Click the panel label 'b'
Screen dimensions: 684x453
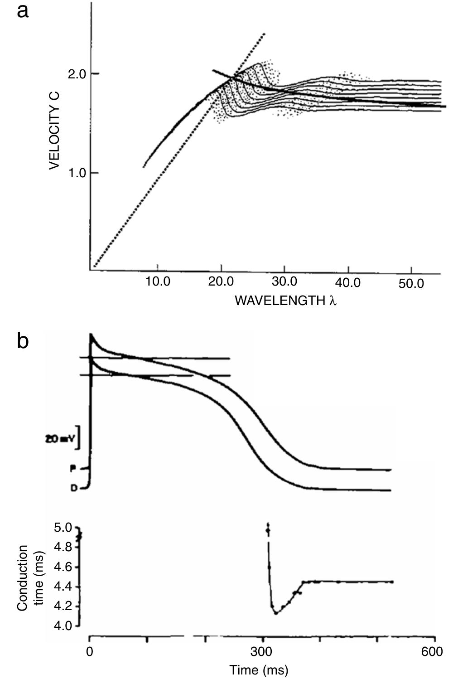(x=23, y=340)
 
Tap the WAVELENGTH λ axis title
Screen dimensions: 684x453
(x=285, y=300)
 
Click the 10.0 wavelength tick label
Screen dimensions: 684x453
(x=158, y=282)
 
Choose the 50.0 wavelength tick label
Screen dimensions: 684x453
(x=411, y=283)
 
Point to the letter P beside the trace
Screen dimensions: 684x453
(x=72, y=469)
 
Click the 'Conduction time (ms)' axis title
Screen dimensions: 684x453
(x=29, y=577)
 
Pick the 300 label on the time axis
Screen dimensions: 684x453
(x=263, y=652)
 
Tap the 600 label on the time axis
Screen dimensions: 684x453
(x=432, y=652)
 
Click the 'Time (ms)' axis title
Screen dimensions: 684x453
(x=259, y=670)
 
